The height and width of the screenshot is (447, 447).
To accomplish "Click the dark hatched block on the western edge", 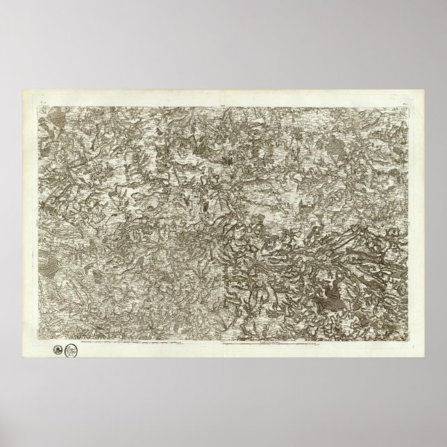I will pos(47,263).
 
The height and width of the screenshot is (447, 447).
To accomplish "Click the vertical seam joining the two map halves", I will pos(223,222).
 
